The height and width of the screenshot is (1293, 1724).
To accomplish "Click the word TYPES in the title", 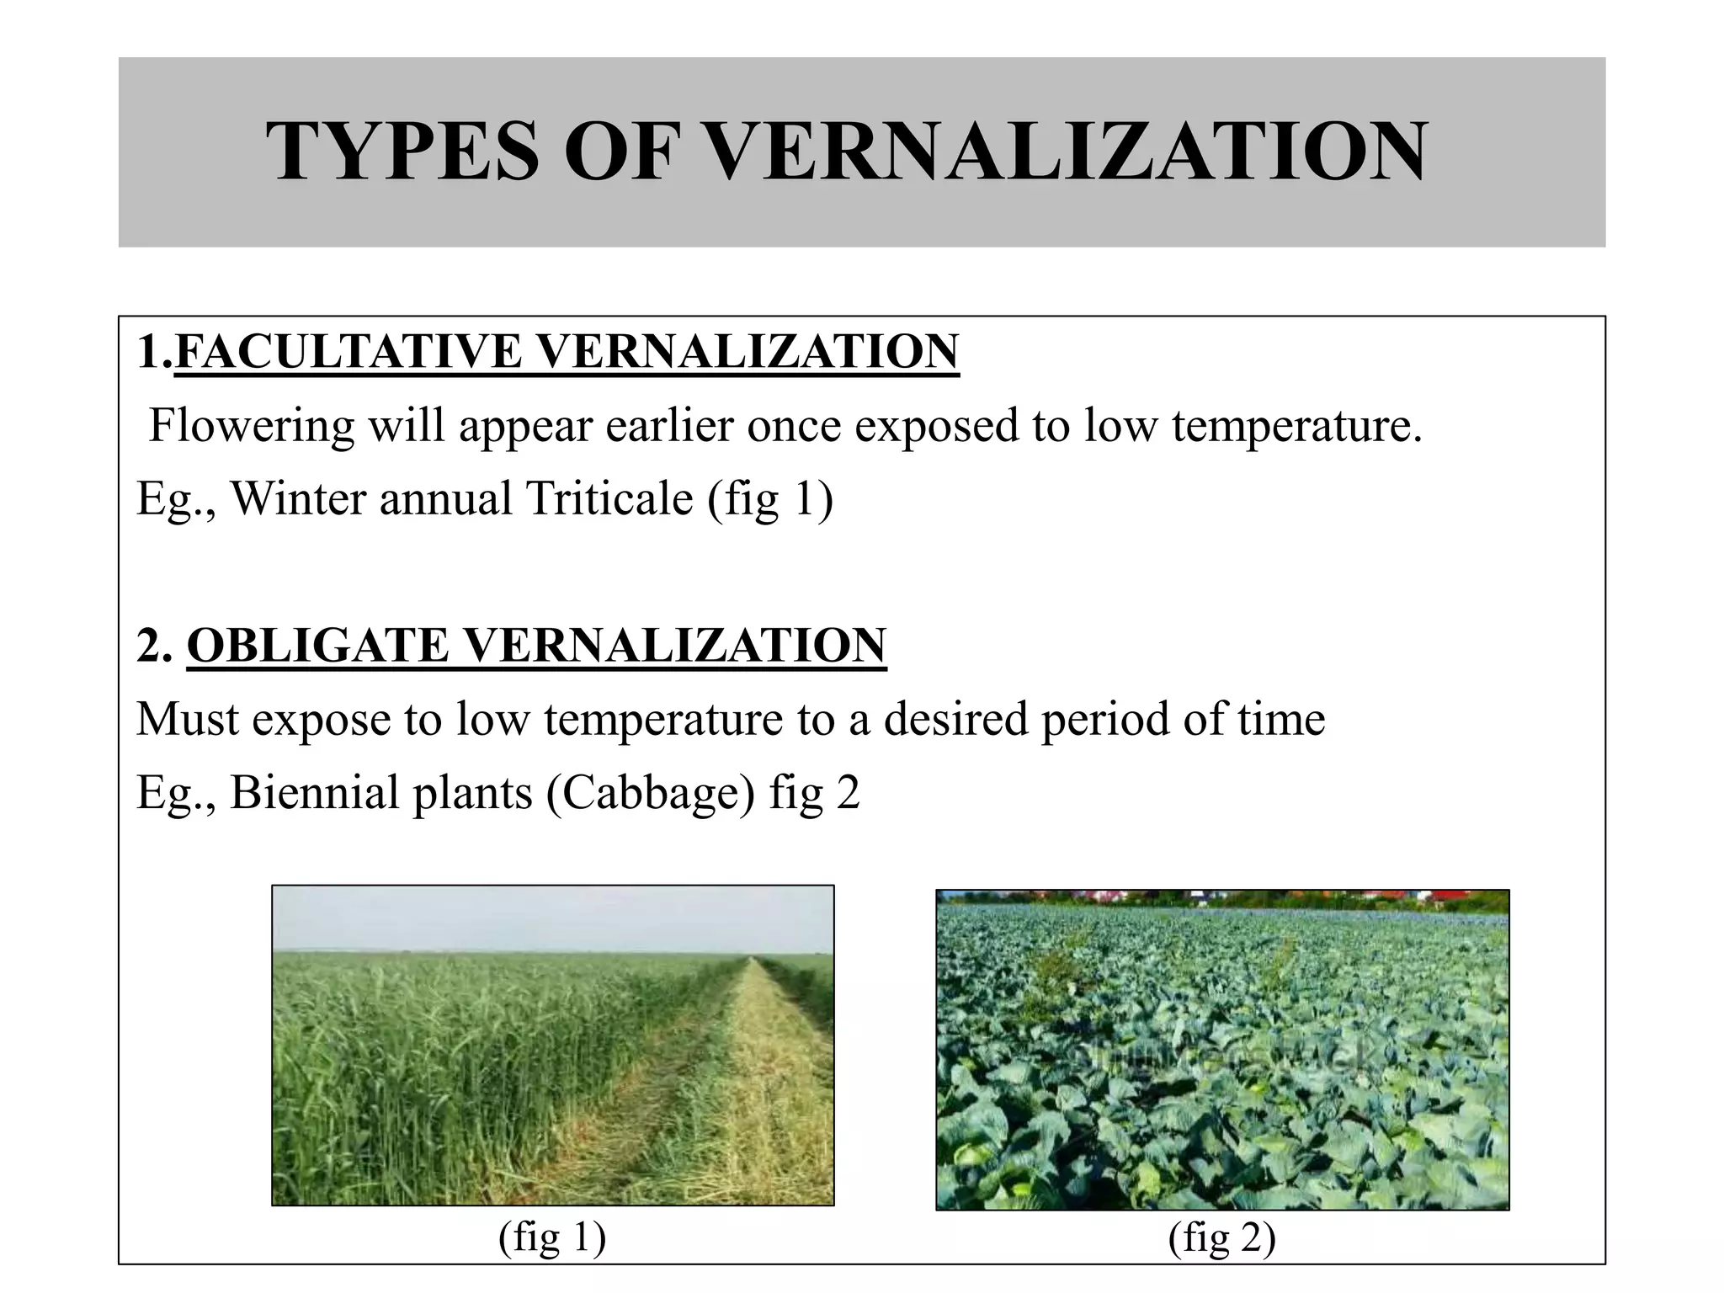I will tap(402, 152).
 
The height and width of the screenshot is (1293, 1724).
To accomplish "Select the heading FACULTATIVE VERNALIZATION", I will tap(567, 352).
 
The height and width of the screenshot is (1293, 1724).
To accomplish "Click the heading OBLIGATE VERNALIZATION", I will tap(536, 646).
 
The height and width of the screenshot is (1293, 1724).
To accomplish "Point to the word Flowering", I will tap(252, 425).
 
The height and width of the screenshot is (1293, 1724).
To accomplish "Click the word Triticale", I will tap(609, 498).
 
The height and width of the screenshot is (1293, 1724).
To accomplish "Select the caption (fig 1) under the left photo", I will tap(552, 1238).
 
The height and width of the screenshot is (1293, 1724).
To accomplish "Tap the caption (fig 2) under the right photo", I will tap(1222, 1238).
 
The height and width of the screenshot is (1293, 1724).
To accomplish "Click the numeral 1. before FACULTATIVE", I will tap(153, 352).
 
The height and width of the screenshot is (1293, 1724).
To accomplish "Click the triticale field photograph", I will tap(552, 1045).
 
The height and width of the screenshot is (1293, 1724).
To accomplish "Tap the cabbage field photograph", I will tap(1222, 1050).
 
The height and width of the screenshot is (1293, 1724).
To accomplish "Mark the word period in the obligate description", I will tap(1104, 720).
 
